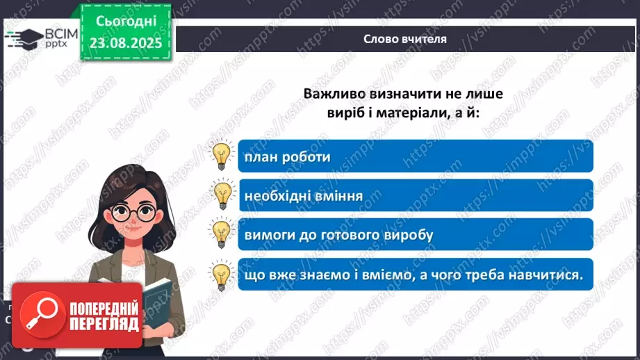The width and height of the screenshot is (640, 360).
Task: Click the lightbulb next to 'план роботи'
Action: coord(221,156)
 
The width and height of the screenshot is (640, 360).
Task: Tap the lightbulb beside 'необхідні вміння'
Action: coord(221,195)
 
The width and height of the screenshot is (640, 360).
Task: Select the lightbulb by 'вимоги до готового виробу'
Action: coord(221,234)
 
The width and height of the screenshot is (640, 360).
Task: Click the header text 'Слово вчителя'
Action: coord(404,39)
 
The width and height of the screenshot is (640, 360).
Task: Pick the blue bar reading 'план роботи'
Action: coord(415,156)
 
